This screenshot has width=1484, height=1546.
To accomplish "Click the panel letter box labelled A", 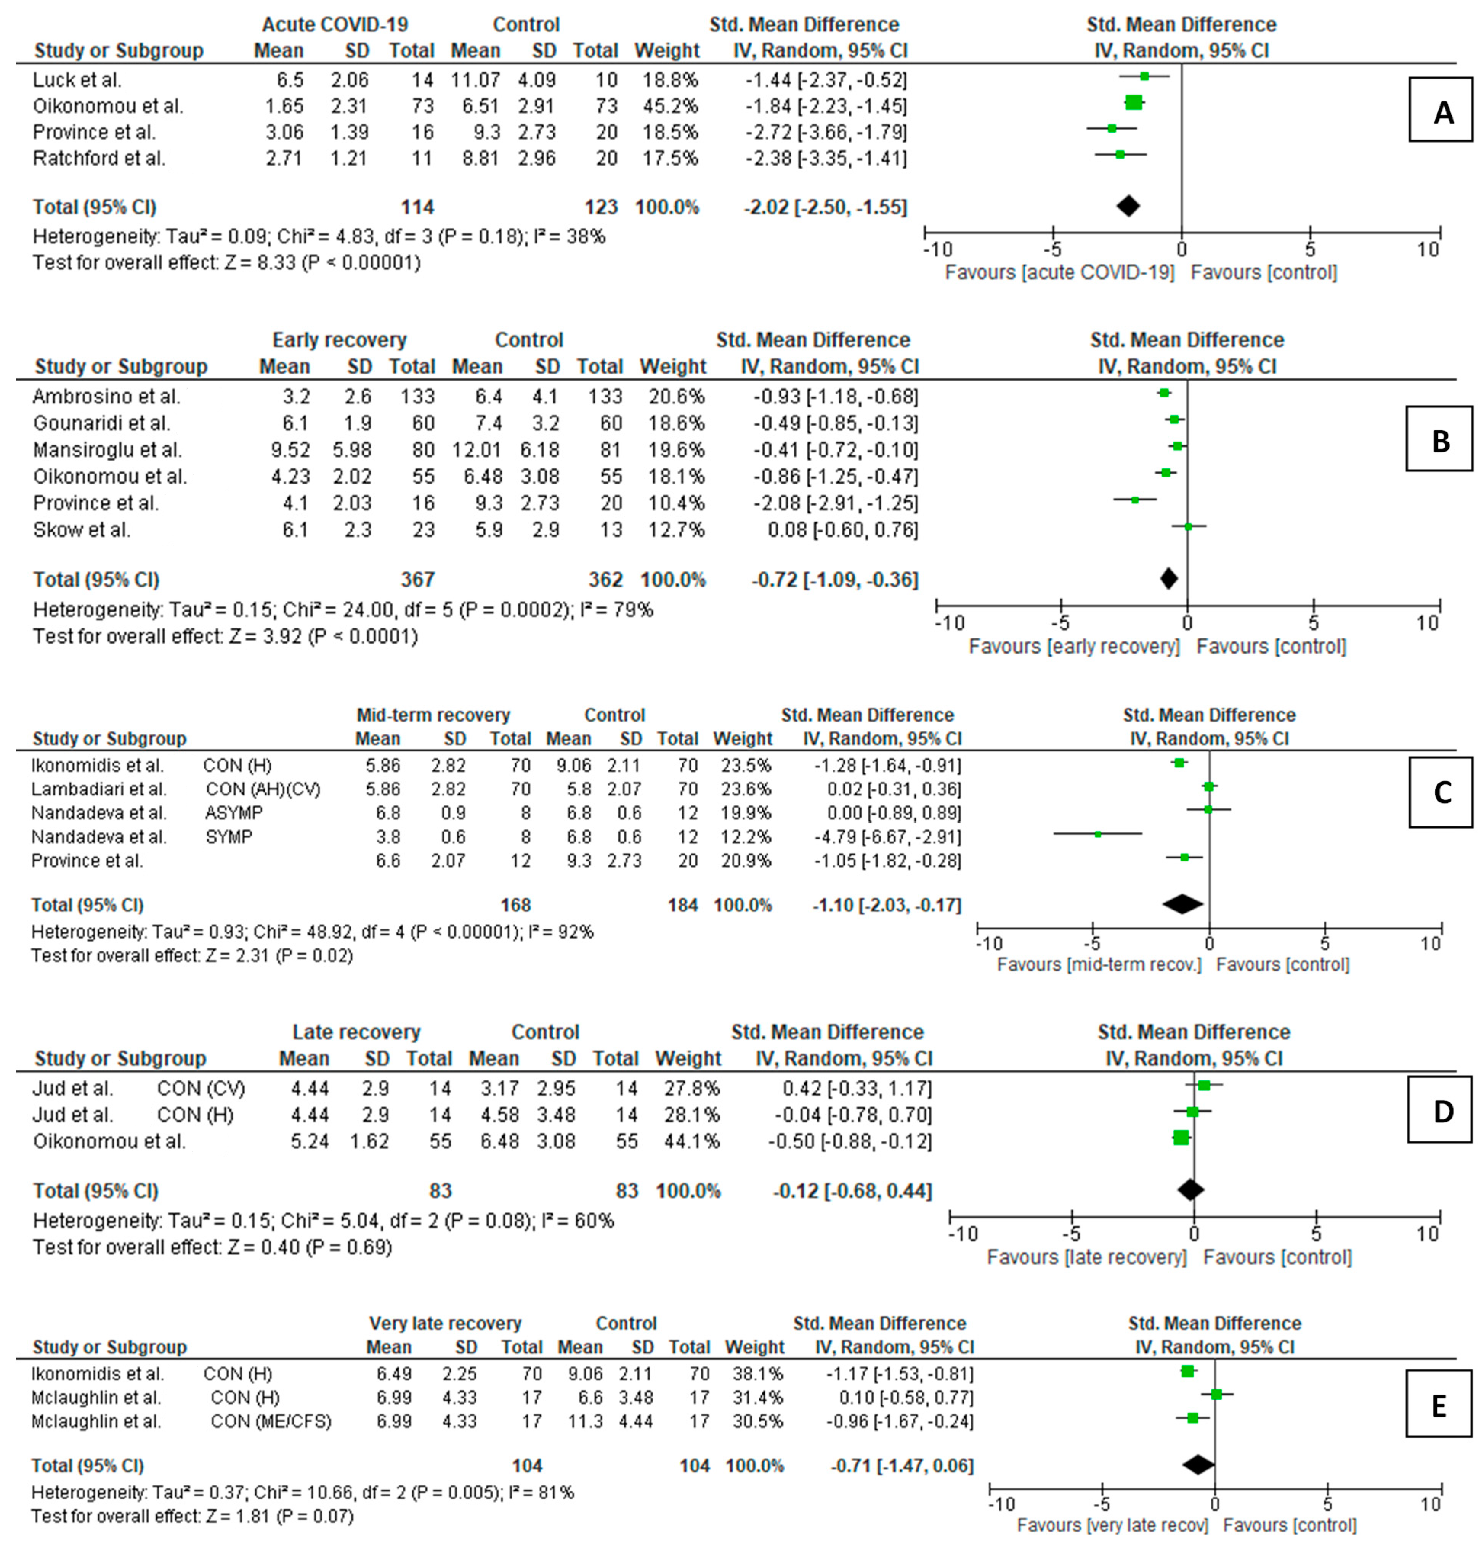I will pyautogui.click(x=1440, y=110).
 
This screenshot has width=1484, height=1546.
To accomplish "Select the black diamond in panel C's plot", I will pyautogui.click(x=1182, y=905).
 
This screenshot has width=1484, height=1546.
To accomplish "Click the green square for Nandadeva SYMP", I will pyautogui.click(x=1097, y=834).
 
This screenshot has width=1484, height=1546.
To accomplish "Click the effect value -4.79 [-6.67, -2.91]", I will pyautogui.click(x=887, y=836).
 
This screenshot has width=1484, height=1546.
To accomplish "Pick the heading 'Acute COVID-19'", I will pyautogui.click(x=335, y=24).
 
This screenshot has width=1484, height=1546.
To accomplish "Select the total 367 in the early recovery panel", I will pyautogui.click(x=417, y=580).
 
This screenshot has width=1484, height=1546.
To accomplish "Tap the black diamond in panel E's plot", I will pyautogui.click(x=1198, y=1465).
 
